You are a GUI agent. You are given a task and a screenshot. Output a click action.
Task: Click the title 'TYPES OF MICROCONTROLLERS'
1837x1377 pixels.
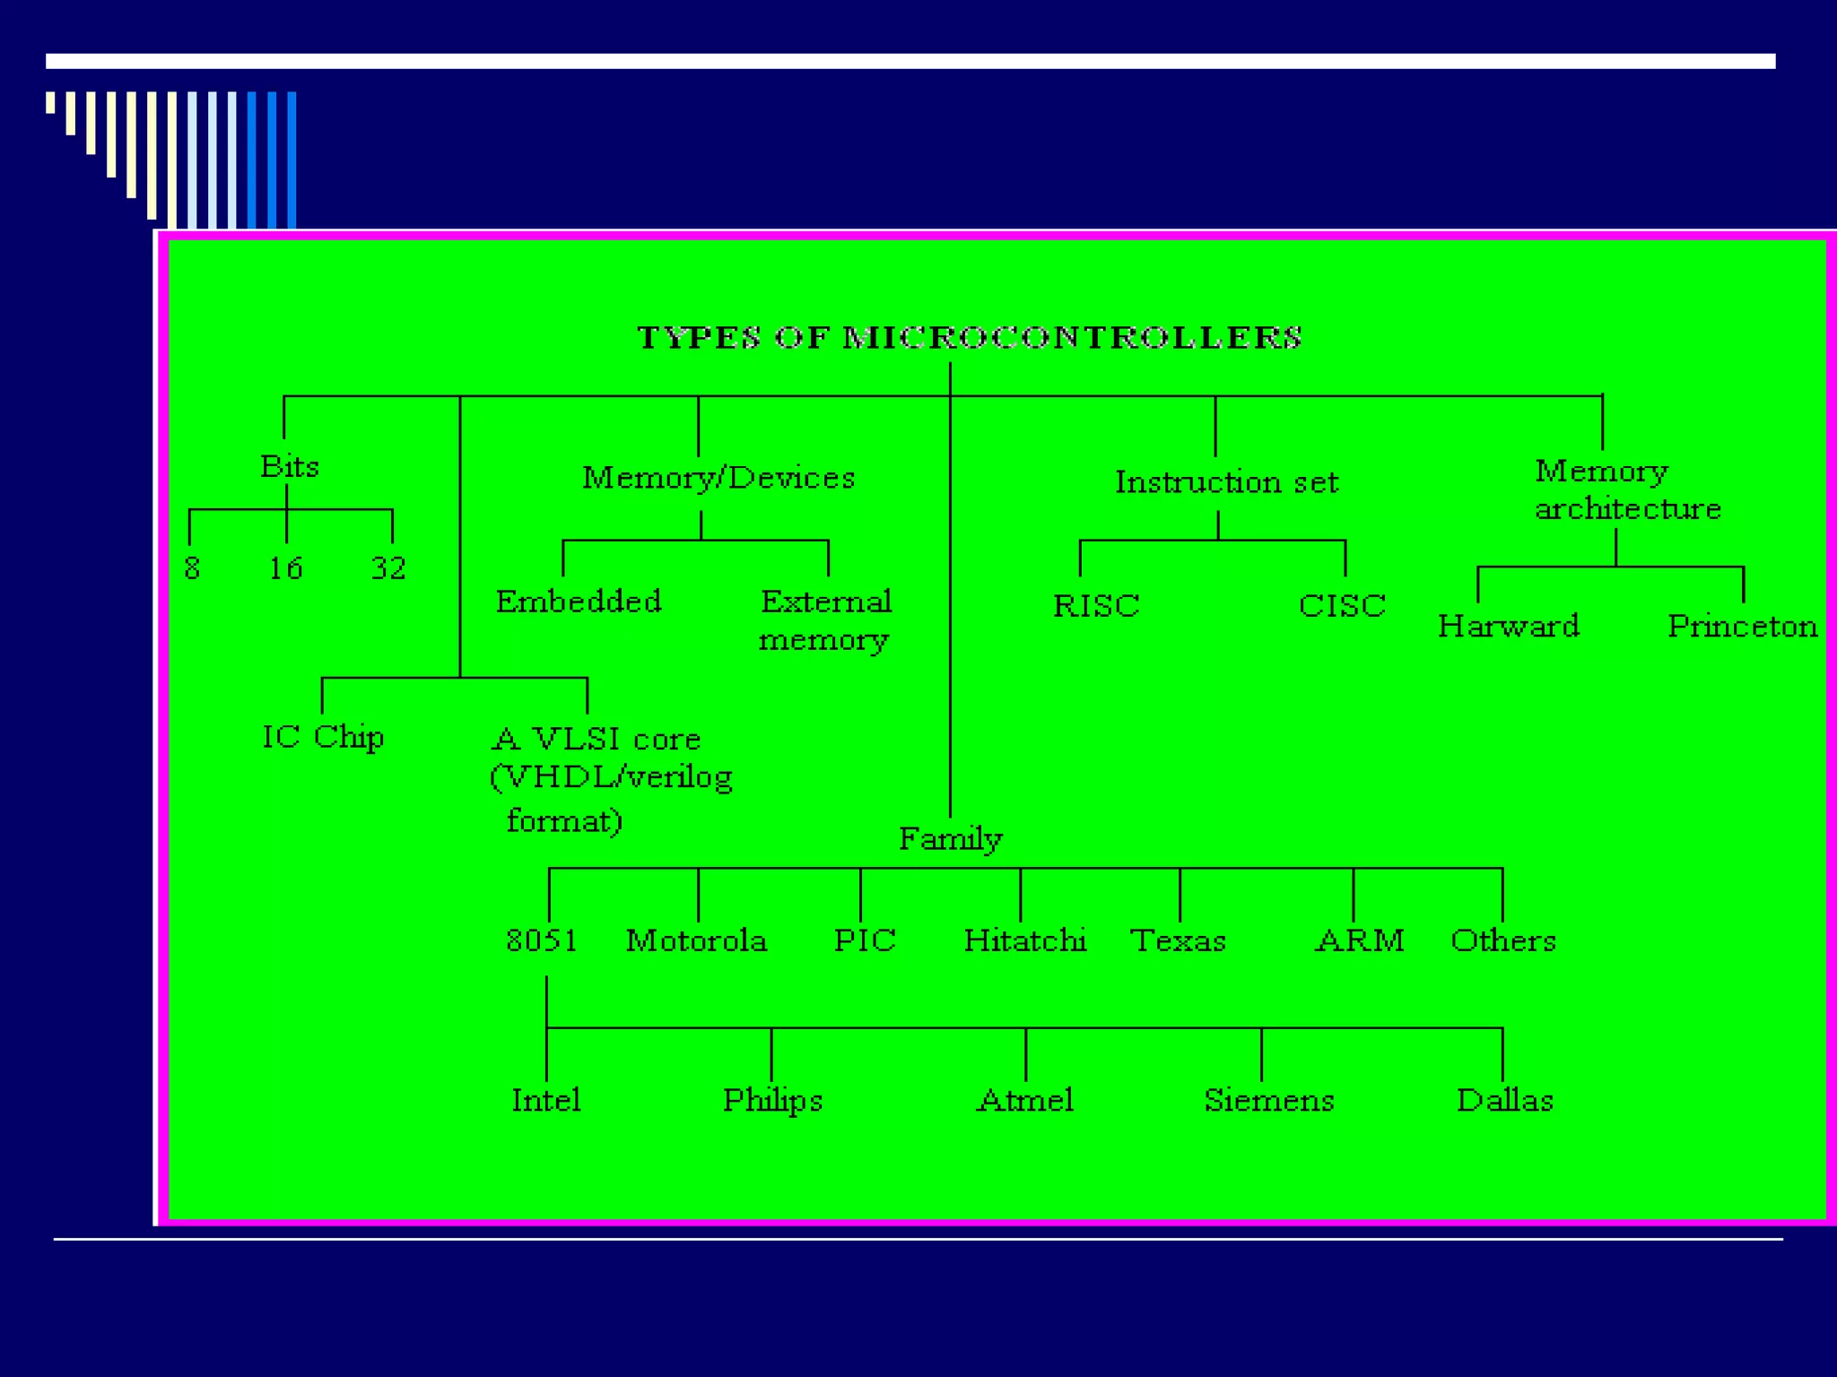[969, 338]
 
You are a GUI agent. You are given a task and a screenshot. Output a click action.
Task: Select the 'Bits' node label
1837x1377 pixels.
[289, 466]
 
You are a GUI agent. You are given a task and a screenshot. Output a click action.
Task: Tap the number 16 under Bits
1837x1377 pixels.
[286, 567]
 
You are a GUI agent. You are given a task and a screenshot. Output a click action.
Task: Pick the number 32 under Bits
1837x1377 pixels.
[388, 567]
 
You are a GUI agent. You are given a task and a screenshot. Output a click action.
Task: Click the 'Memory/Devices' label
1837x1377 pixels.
[718, 478]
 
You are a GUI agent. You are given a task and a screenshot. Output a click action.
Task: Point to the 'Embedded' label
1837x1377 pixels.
[579, 601]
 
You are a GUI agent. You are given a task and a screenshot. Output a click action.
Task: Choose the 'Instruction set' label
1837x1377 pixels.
[1226, 482]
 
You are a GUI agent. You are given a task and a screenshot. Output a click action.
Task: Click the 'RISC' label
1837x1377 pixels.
[1096, 606]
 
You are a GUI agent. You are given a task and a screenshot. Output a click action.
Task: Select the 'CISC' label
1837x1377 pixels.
[1342, 606]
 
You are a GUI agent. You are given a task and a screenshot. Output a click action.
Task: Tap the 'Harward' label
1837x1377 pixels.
[1508, 626]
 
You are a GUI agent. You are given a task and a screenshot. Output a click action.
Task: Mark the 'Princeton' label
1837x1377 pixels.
[1742, 626]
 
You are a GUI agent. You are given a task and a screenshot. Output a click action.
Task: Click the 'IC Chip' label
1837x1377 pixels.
[323, 737]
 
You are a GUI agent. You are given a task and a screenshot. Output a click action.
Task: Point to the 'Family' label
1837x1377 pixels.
[950, 839]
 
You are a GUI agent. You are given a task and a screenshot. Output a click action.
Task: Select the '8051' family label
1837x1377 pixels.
[542, 940]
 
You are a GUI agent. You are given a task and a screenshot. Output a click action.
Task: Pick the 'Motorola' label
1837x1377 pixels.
[696, 940]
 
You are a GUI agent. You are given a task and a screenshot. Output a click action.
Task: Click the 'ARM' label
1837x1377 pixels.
[1360, 940]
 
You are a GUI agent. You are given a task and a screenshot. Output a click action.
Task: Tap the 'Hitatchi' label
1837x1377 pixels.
[1025, 940]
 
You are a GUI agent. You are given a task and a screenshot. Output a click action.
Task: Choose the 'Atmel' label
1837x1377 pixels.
[1025, 1100]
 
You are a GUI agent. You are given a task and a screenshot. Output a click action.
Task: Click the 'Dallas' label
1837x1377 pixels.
[1504, 1100]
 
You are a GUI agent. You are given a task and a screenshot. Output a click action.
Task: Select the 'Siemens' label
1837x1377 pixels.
[1268, 1100]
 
